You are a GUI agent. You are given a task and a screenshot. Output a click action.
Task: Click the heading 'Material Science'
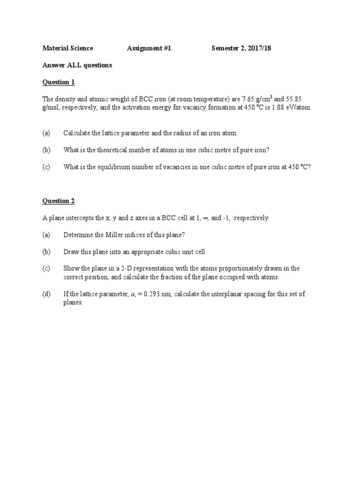click(67, 48)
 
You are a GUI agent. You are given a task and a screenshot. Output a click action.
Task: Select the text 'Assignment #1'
click(149, 48)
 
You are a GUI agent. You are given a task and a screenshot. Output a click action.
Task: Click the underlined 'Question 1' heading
click(59, 82)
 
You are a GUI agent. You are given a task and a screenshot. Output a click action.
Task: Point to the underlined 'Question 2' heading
click(59, 201)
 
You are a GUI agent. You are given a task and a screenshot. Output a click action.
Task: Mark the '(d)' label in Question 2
click(46, 294)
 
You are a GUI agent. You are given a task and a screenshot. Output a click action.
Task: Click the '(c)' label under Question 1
click(46, 167)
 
